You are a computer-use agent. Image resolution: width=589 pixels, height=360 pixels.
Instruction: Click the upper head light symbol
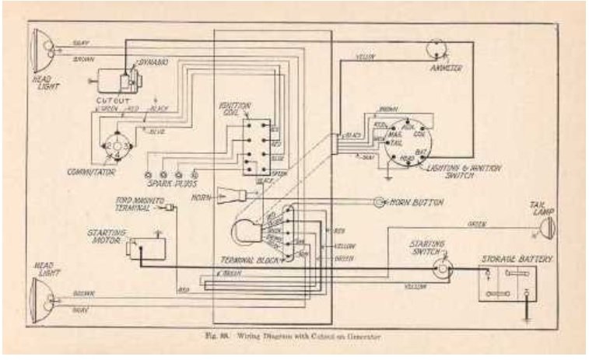pos(40,50)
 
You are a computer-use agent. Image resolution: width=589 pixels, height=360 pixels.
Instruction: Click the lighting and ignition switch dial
pos(409,141)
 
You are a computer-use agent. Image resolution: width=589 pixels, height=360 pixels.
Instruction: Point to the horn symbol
pos(230,194)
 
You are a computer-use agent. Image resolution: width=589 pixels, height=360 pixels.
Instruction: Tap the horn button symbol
pos(379,202)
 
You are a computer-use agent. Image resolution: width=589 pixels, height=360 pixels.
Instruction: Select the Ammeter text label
pos(446,68)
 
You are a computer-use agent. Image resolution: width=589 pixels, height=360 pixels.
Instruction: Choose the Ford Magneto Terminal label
pos(140,203)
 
